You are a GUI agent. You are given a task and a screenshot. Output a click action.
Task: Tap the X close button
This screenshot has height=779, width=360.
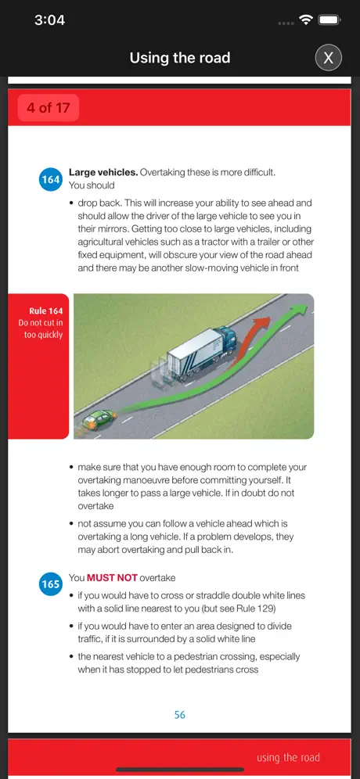tap(328, 58)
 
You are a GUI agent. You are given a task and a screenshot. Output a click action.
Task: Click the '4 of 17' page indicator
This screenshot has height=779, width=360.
tap(49, 108)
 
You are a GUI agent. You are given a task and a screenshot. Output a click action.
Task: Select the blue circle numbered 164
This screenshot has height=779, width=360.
tap(50, 179)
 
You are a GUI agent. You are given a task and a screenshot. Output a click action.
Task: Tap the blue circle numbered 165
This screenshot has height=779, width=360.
tap(50, 583)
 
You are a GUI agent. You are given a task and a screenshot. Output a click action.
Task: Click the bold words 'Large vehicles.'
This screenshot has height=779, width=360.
tap(103, 172)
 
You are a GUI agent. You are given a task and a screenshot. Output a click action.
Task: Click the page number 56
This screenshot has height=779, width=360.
tap(179, 714)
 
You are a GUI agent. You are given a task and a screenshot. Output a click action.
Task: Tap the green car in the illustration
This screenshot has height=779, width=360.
tap(99, 420)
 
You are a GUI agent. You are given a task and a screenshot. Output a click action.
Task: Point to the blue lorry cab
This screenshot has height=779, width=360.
tap(227, 341)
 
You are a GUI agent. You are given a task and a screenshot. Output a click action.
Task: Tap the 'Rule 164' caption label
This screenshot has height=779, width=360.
tap(45, 311)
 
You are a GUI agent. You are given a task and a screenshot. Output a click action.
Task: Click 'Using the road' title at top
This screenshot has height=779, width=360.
tap(180, 58)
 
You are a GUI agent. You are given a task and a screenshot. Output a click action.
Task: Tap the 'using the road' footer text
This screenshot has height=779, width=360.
tap(289, 758)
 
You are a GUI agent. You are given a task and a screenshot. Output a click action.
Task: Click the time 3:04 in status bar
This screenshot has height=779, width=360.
tap(50, 20)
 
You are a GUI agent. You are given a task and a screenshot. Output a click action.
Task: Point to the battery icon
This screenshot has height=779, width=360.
tap(329, 20)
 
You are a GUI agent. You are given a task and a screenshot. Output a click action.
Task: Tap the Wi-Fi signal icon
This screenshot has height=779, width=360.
tap(305, 20)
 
